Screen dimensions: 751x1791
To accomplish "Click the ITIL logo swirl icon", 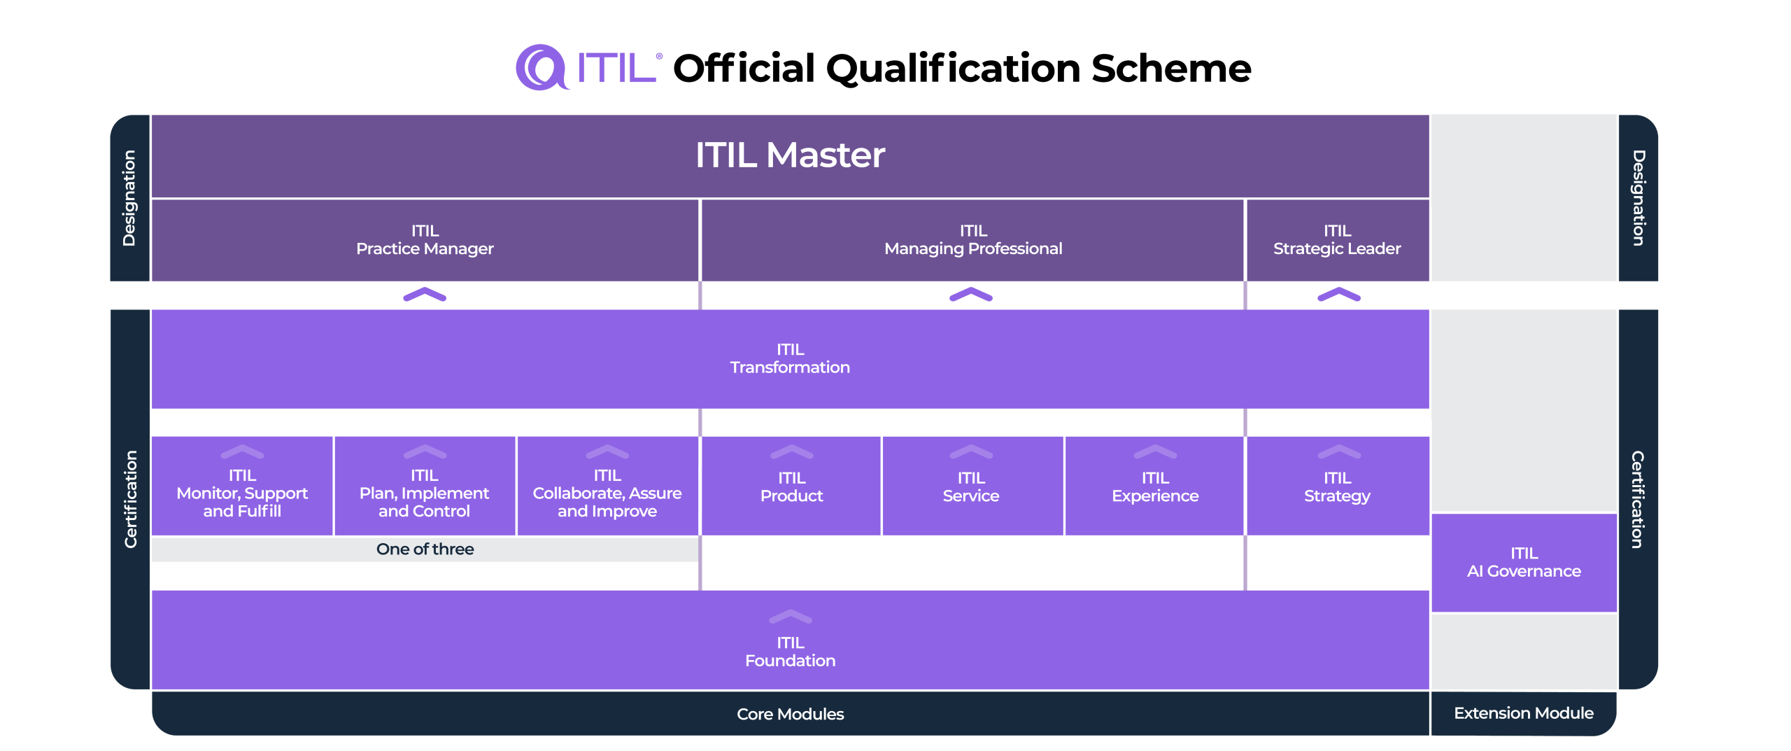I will [x=540, y=67].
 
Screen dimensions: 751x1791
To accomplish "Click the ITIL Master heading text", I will [x=790, y=155].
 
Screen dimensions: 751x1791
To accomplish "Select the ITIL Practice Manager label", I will [x=425, y=240].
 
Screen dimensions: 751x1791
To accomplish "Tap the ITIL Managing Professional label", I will [x=972, y=240].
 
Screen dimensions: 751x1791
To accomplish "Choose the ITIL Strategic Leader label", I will [x=1337, y=240].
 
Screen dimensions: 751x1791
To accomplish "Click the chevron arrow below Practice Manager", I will [x=425, y=295].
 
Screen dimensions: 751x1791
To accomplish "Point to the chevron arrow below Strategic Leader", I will [x=1338, y=295].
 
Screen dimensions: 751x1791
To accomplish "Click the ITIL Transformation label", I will [x=790, y=358].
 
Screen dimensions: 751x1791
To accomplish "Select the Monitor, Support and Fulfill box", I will [x=242, y=493].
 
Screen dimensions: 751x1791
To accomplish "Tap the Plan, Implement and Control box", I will [x=425, y=493].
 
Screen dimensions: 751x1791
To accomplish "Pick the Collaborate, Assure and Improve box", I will [x=607, y=493].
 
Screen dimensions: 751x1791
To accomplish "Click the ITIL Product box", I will [x=791, y=487].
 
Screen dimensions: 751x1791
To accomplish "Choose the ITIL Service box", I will [x=971, y=487].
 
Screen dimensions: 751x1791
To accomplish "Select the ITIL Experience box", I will [x=1155, y=487].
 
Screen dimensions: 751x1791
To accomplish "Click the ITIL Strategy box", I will [x=1337, y=487].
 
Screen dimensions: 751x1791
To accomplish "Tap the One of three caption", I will [x=425, y=549].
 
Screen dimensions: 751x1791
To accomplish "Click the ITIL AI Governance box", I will [x=1524, y=563].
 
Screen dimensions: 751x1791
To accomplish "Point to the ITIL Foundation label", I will [x=790, y=652].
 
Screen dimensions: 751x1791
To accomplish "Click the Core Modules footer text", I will [x=790, y=714].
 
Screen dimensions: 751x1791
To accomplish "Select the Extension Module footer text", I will [x=1524, y=713].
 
